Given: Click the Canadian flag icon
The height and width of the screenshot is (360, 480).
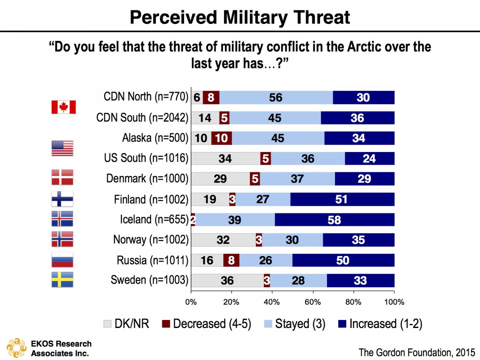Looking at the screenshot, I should coord(63,107).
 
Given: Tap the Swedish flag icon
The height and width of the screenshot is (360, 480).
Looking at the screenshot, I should coord(62,280).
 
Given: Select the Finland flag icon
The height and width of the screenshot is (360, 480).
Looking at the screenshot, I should coord(62,199).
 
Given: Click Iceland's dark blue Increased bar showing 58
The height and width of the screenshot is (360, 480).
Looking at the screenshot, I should coord(334,220).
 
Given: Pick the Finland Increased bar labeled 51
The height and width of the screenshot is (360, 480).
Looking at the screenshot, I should coord(342,199).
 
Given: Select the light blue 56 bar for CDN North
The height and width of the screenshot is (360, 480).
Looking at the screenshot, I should coord(276,97).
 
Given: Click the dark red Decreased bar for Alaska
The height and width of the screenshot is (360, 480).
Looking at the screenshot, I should coord(221,138).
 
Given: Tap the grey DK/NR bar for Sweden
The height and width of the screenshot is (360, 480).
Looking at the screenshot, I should coord(227,280).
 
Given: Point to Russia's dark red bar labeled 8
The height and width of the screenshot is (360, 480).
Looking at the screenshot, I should coord(231,260).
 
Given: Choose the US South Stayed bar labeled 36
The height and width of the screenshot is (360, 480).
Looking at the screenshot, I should coord(308,158).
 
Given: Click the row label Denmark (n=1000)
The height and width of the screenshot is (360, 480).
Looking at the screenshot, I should coord(147,179).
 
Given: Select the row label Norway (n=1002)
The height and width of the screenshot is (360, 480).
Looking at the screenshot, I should coord(151,240).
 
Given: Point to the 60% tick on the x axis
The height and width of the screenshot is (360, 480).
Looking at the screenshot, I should coord(313,302).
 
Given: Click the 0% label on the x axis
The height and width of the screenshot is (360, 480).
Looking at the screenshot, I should coord(191,302).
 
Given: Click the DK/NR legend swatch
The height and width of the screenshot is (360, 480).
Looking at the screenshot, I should coord(107,324).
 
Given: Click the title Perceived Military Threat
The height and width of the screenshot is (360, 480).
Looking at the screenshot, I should coord(240,17).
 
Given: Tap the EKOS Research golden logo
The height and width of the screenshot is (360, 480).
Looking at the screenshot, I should coord(16,348).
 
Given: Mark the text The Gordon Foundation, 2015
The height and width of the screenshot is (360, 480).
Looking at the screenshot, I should coord(417,352).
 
